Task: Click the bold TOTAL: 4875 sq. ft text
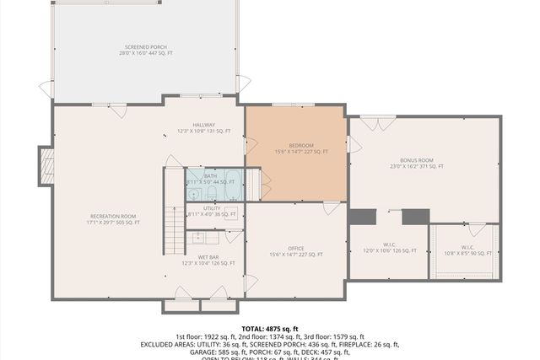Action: pos(270,329)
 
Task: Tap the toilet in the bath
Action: pos(195,183)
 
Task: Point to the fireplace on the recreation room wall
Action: pos(46,166)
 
